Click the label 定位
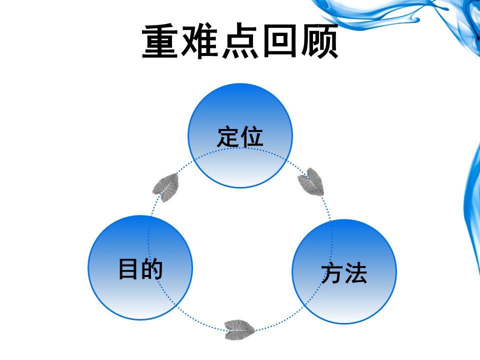[x=240, y=136]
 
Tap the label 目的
[x=140, y=268]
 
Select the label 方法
[x=344, y=273]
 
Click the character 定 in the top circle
[x=228, y=136]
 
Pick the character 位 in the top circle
[x=251, y=136]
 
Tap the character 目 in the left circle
[x=128, y=268]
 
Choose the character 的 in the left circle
[x=152, y=268]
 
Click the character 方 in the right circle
[x=332, y=273]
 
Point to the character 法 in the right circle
[x=355, y=273]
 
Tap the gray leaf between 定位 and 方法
[x=311, y=181]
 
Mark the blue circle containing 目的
[x=140, y=300]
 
